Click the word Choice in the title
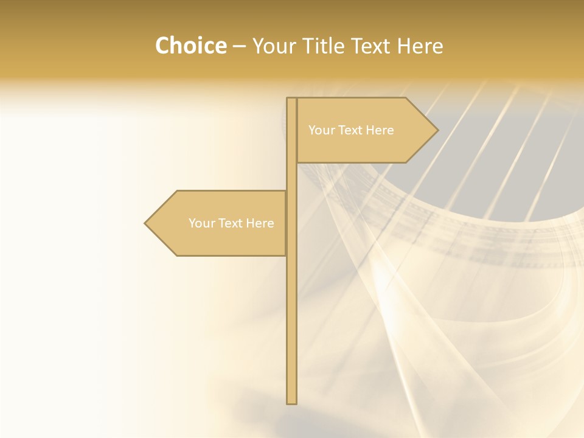(x=190, y=46)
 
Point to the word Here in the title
(x=420, y=46)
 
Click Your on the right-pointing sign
(x=321, y=130)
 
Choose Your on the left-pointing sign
(x=201, y=223)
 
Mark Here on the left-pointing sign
(x=260, y=223)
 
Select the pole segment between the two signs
(x=291, y=176)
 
